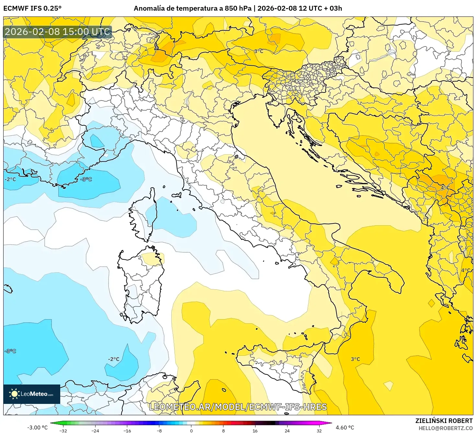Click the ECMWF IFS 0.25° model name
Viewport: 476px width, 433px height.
pyautogui.click(x=32, y=8)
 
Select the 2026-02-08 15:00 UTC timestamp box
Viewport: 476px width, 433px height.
pyautogui.click(x=57, y=32)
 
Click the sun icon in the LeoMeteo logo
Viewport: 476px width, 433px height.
pyautogui.click(x=14, y=394)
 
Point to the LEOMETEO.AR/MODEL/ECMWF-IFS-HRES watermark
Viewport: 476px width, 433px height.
pyautogui.click(x=238, y=407)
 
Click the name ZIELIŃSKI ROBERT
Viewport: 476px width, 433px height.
pyautogui.click(x=444, y=421)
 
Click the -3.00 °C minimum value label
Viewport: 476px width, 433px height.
pyautogui.click(x=37, y=428)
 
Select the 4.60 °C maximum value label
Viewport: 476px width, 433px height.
pyautogui.click(x=345, y=428)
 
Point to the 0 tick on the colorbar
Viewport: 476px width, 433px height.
pyautogui.click(x=191, y=430)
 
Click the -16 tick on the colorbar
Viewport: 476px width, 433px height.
pyautogui.click(x=127, y=430)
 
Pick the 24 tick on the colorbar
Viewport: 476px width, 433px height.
pyautogui.click(x=287, y=430)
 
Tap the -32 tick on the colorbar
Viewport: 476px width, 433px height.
pyautogui.click(x=63, y=430)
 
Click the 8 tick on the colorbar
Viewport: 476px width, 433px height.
pyautogui.click(x=223, y=430)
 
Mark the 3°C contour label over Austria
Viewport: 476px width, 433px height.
pyautogui.click(x=258, y=51)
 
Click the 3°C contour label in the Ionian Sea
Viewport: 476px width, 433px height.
pyautogui.click(x=355, y=359)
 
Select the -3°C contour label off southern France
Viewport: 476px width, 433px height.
pyautogui.click(x=86, y=179)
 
